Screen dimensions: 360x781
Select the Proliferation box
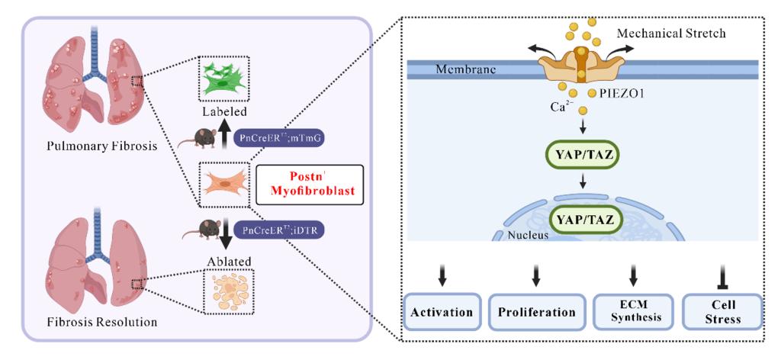(536, 312)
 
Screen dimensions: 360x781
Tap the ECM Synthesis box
(632, 312)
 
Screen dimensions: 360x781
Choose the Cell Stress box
(722, 312)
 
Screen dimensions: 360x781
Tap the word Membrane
(466, 69)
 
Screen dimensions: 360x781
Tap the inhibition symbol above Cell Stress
(722, 272)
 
